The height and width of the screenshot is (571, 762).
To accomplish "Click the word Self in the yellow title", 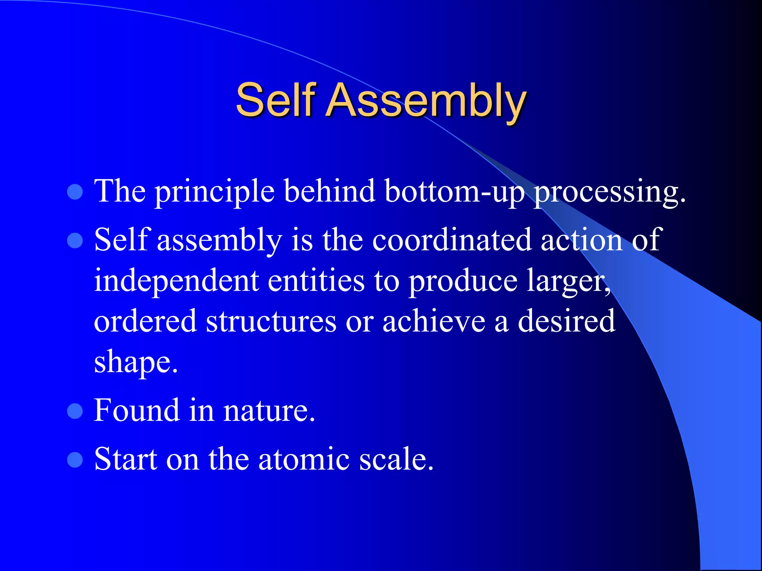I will (x=276, y=100).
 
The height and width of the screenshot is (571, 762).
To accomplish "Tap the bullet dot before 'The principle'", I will (x=75, y=192).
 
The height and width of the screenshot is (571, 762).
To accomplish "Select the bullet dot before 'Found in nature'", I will (x=75, y=411).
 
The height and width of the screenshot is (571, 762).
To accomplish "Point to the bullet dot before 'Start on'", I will (x=75, y=459).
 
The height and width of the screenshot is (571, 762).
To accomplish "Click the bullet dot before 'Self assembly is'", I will (x=75, y=241).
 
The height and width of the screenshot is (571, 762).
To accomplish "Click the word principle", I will (x=214, y=192).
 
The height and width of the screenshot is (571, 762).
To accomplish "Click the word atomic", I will (x=304, y=459).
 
